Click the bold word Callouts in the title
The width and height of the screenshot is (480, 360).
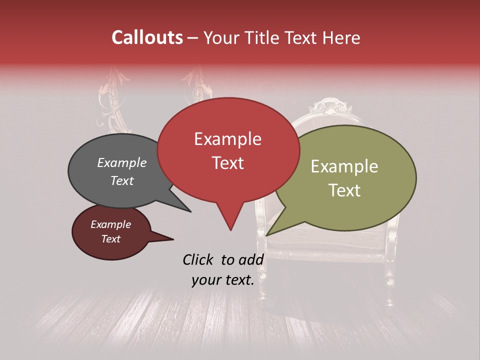click(x=147, y=37)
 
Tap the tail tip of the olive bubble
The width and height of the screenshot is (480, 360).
click(x=267, y=235)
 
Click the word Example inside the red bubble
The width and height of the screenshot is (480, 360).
click(x=227, y=139)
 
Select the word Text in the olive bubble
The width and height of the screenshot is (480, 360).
click(x=345, y=190)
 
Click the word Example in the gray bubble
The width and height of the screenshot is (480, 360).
click(x=121, y=163)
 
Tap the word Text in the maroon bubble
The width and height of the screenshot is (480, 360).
click(x=111, y=239)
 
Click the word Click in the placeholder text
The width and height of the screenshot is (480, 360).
click(x=199, y=259)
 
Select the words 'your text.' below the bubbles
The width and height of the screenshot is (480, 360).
click(x=222, y=280)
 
